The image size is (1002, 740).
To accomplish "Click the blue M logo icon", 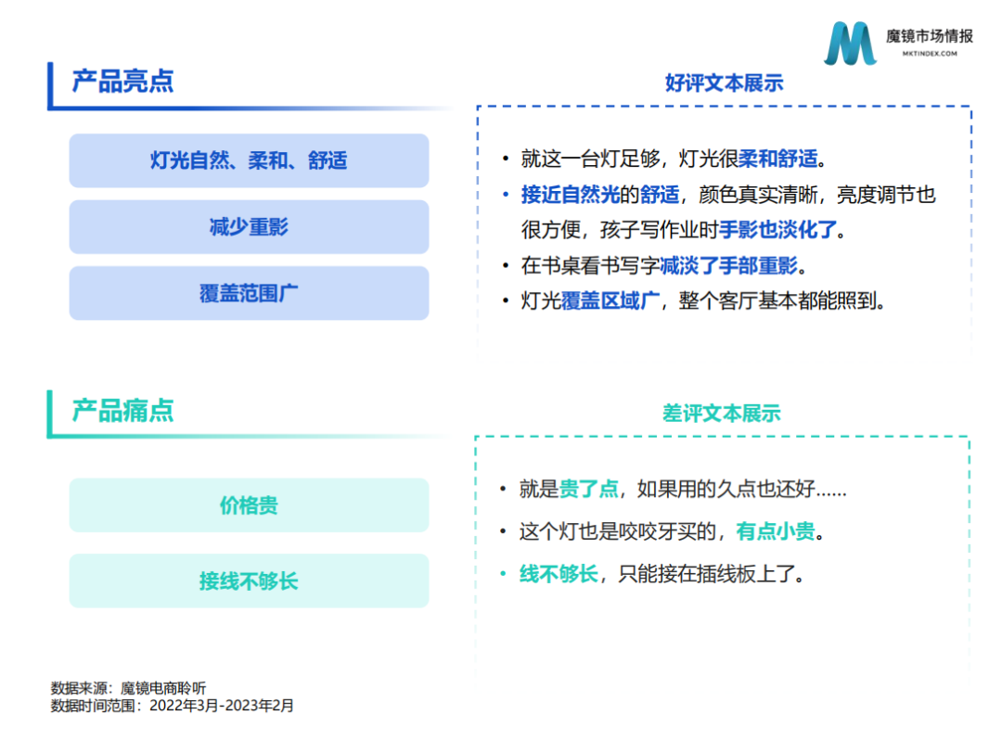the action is (850, 44).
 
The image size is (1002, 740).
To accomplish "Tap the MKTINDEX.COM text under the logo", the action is (930, 54).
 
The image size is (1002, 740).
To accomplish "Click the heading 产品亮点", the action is (122, 81).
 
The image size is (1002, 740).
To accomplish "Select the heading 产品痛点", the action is (122, 410).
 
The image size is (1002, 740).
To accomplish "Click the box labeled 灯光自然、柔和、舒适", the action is (249, 160).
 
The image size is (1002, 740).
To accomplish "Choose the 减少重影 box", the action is (249, 226).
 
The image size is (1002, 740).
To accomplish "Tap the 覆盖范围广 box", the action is (249, 293).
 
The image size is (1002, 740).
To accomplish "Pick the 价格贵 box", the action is (249, 505).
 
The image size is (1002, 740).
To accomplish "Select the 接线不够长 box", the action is (249, 581).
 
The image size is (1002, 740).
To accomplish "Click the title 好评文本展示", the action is (724, 83).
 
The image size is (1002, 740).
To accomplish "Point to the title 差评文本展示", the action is (722, 413).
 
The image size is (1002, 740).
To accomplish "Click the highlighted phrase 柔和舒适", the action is (778, 159).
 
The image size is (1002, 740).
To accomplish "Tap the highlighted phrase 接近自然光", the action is (571, 194).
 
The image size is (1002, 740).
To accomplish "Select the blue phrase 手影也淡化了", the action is (777, 229).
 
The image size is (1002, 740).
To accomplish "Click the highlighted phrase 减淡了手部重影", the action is (729, 265).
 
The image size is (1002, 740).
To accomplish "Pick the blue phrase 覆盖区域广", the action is (610, 300).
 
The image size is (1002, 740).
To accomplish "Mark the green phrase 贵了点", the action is (588, 489).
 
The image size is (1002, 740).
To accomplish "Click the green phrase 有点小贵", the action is (776, 530).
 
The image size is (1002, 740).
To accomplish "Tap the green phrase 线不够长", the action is (559, 573).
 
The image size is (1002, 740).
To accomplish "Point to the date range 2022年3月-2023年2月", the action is (222, 706).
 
